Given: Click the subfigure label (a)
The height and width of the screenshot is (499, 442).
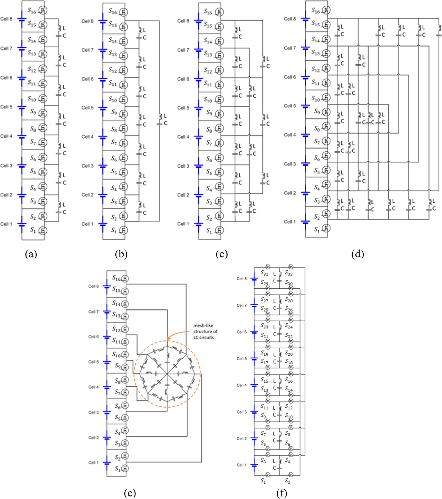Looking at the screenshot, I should pos(31,254).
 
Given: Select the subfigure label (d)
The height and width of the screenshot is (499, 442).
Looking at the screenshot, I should pos(358,254).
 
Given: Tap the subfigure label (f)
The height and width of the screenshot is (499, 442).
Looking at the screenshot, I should pos(282,493).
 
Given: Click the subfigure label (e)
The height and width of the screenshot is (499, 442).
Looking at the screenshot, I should pos(130,493).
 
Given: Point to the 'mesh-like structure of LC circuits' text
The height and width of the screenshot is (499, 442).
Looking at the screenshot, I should pos(205,331).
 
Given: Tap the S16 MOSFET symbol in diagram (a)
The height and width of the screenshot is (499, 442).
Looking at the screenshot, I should pos(43,10).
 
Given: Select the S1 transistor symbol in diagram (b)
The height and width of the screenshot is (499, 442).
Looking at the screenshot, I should pos(124,230).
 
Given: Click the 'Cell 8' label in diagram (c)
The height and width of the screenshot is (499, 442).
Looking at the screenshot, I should pos(183,21).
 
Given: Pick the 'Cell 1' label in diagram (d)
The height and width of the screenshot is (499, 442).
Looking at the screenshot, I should pos(290,222).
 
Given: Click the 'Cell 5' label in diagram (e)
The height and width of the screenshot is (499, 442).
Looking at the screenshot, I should pos(93,362).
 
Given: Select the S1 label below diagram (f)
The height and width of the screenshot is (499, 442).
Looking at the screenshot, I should pos(263,480).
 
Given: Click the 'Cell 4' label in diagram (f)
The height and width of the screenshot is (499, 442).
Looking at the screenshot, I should pos(242,385).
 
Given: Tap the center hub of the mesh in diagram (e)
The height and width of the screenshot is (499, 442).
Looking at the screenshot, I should pos(167,373).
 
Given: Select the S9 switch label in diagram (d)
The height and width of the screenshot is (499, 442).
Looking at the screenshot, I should pos(317,111).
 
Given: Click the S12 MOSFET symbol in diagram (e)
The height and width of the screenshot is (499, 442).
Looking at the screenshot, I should pos(125,329).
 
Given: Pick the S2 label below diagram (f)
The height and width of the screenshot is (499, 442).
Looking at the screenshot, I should pos(287,480).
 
